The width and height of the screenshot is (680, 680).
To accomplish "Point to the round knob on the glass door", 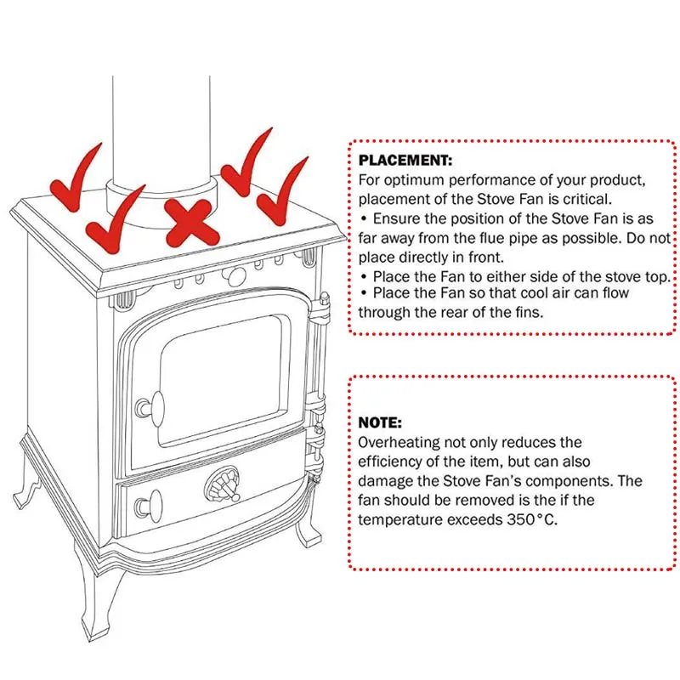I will click(x=152, y=406).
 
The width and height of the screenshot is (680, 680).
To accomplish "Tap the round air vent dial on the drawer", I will click(x=222, y=487).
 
